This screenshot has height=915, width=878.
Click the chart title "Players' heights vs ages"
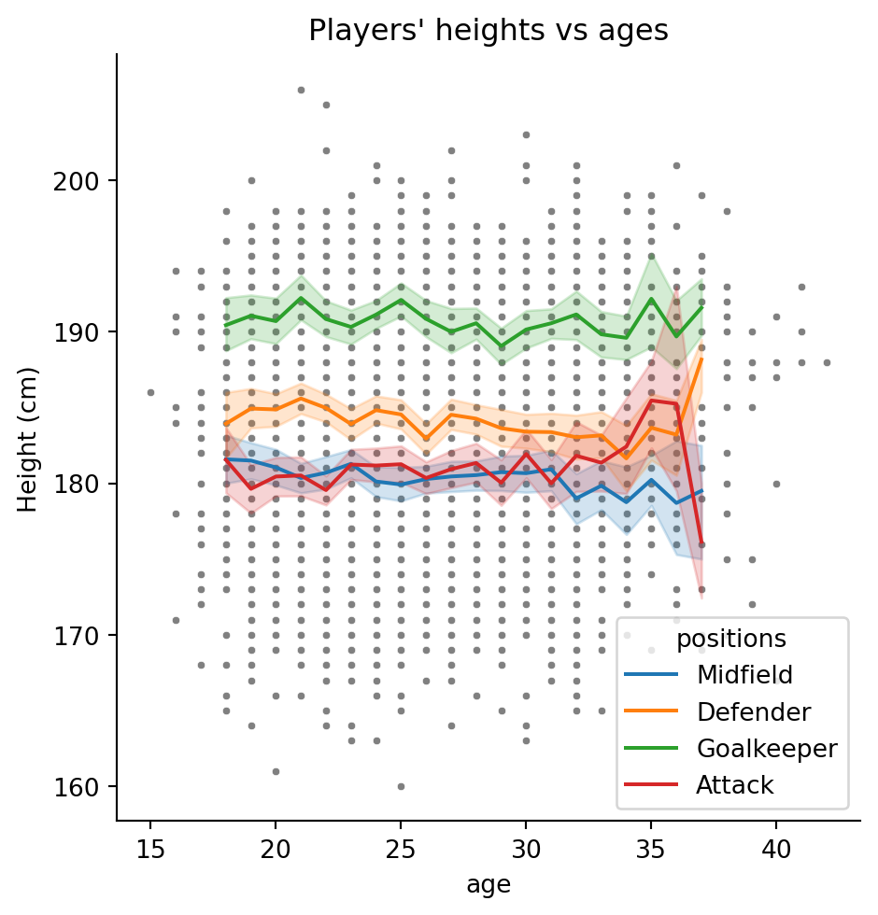pos(489,31)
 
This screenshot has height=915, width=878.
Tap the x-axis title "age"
pos(489,883)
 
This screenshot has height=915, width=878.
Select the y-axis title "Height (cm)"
pos(28,438)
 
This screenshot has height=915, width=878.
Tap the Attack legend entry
pos(734,786)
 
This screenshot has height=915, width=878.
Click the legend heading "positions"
pos(730,639)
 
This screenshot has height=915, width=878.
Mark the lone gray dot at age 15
pos(150,392)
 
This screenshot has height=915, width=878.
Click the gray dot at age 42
pos(827,362)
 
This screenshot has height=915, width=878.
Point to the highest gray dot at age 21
pos(301,90)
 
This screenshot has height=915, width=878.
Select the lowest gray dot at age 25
pos(401,786)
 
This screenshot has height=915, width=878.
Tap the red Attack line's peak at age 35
pos(651,401)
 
